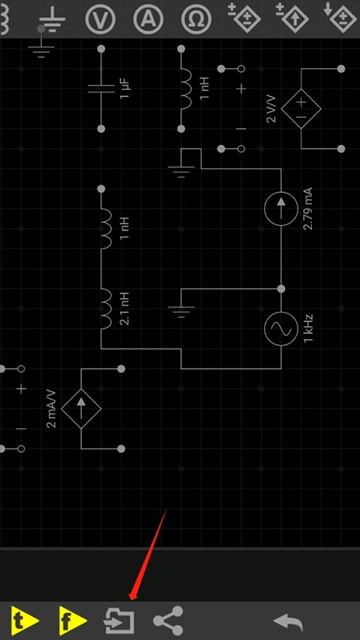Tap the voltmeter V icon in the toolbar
[x=100, y=19]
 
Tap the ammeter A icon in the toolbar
[x=148, y=19]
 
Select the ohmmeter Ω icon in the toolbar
[x=196, y=19]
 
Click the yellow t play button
[x=25, y=620]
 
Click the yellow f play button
[x=73, y=620]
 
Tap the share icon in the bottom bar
[x=168, y=620]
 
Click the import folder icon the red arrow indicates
[x=119, y=620]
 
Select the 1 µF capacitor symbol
[x=101, y=89]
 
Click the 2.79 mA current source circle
[x=280, y=209]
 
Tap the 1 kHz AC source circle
[x=280, y=329]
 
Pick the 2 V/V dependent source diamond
[x=301, y=109]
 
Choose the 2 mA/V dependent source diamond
[x=81, y=409]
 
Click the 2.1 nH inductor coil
[x=106, y=308]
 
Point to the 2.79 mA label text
[x=308, y=209]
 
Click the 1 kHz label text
[x=308, y=329]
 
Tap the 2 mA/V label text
[x=52, y=409]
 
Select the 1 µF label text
[x=125, y=89]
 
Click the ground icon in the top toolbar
[x=52, y=19]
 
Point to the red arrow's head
[x=131, y=599]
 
